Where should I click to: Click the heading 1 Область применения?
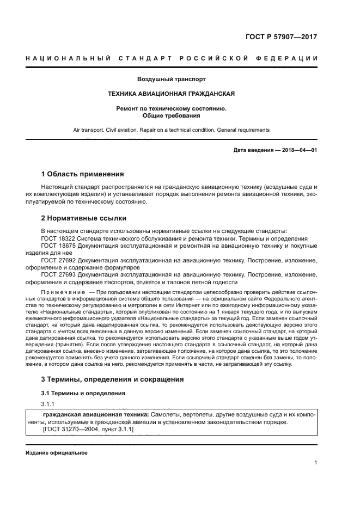pos(82,174)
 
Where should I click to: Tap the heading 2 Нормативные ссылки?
pos(84,218)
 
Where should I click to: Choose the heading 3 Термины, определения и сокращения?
pos(113,379)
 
